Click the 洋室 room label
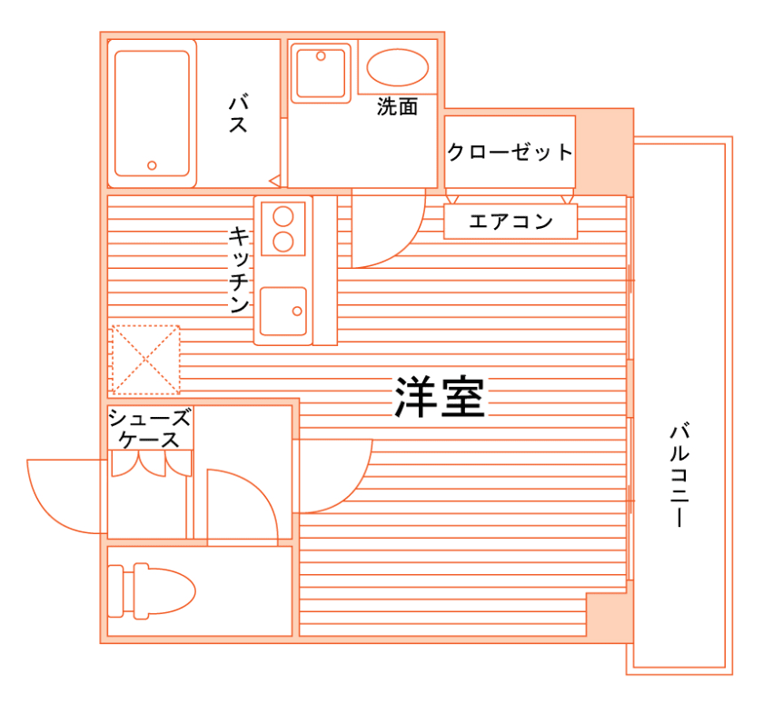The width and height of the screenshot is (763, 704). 440,397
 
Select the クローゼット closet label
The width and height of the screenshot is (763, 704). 510,152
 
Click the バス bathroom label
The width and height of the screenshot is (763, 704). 238,113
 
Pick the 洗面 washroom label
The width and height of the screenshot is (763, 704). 397,106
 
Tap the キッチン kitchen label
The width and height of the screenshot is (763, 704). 240,270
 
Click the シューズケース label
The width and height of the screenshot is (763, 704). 150,429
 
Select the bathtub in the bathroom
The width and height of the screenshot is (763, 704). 153,113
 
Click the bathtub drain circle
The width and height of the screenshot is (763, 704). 153,166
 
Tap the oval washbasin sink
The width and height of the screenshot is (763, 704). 397,67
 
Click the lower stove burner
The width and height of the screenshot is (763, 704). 283,242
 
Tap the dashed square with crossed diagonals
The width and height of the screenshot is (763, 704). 145,359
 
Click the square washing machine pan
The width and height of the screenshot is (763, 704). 321,73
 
